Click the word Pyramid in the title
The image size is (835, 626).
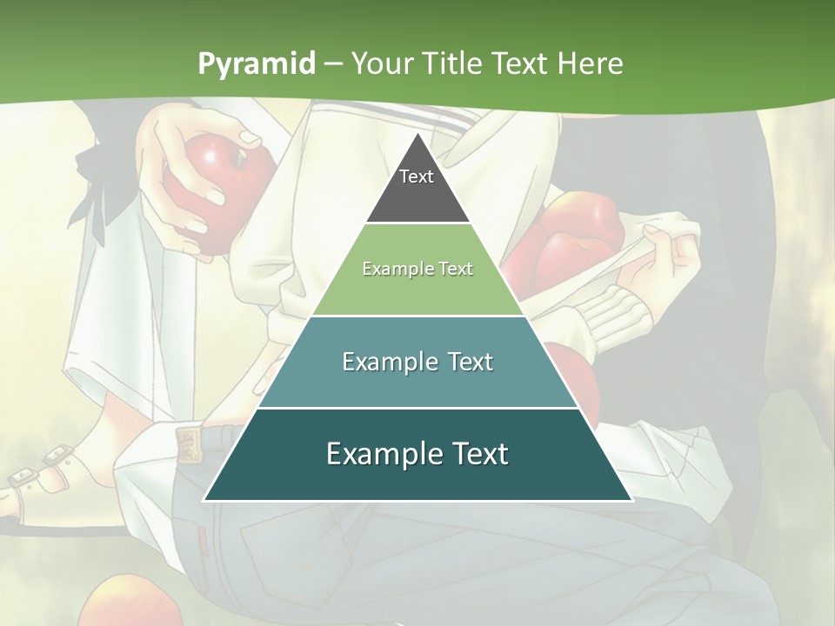(256, 63)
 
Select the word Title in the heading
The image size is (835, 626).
(453, 63)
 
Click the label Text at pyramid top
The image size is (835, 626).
(417, 176)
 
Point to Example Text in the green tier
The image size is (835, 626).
(417, 269)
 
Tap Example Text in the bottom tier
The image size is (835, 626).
(417, 454)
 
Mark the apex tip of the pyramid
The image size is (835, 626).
(417, 135)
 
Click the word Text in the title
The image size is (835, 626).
(522, 63)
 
